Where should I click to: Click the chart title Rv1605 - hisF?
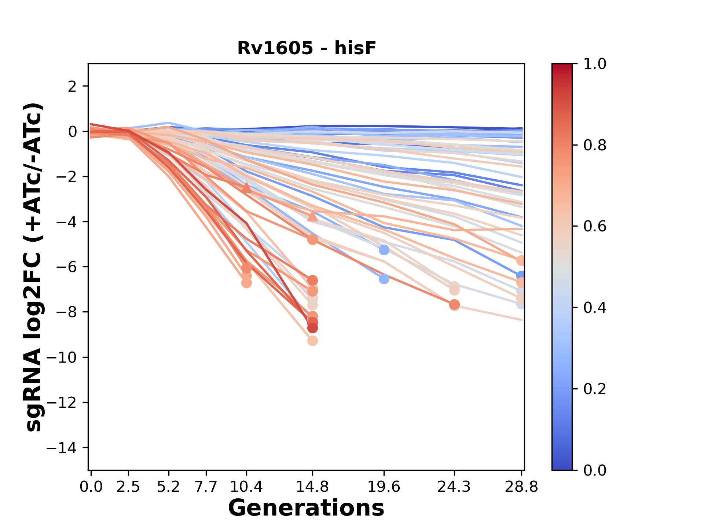tap(307, 48)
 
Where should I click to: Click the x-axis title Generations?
tap(306, 508)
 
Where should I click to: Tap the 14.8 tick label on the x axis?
tap(312, 487)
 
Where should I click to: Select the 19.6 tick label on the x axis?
tap(384, 487)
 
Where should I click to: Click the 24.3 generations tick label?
tap(454, 487)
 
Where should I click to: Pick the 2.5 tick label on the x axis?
tap(128, 487)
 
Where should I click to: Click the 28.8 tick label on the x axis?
tap(521, 487)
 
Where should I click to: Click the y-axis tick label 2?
tap(73, 87)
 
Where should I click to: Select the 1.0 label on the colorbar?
tap(595, 64)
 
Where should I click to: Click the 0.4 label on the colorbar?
tap(595, 308)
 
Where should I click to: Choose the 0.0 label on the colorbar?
tap(595, 470)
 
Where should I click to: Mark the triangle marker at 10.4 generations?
tap(246, 188)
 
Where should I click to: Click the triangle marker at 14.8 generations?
tap(312, 216)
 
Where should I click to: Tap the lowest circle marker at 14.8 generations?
tap(312, 341)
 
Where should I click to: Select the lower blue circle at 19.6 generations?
tap(384, 279)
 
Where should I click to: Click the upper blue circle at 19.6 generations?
tap(384, 250)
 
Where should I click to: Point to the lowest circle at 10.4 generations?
tap(246, 283)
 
